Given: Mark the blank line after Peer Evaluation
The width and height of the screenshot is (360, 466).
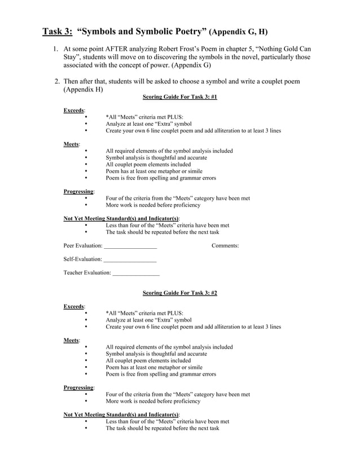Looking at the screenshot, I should point(130,246).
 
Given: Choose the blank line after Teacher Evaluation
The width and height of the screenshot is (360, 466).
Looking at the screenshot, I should point(136,273).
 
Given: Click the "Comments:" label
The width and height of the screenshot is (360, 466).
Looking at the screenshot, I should point(225,245).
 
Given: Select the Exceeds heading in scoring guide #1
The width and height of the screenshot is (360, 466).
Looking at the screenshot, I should point(74,111).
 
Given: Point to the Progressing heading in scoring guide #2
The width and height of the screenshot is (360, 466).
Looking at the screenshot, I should point(78,388).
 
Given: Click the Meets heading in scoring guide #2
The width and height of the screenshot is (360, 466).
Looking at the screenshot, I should point(71,340).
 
